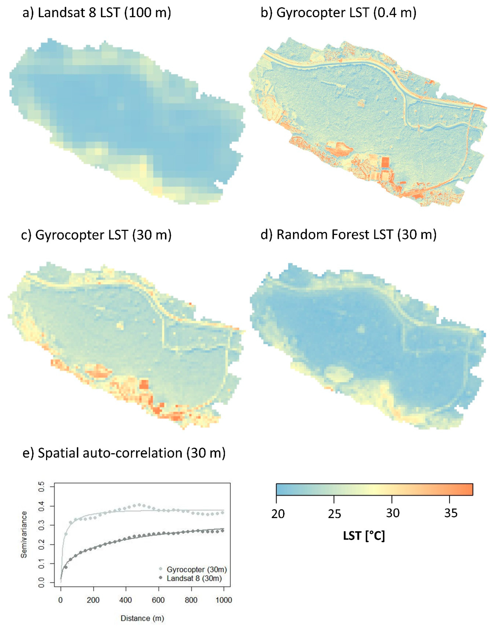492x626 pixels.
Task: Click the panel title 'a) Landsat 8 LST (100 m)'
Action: point(97,13)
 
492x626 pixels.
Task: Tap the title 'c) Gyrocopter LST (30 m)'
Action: point(96,235)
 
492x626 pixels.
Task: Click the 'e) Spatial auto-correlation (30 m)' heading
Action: point(124,453)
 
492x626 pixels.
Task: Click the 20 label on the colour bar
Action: point(278,514)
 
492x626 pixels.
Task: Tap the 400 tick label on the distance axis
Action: point(126,600)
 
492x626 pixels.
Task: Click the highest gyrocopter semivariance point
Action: point(139,505)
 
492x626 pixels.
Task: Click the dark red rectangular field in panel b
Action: point(385,162)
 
